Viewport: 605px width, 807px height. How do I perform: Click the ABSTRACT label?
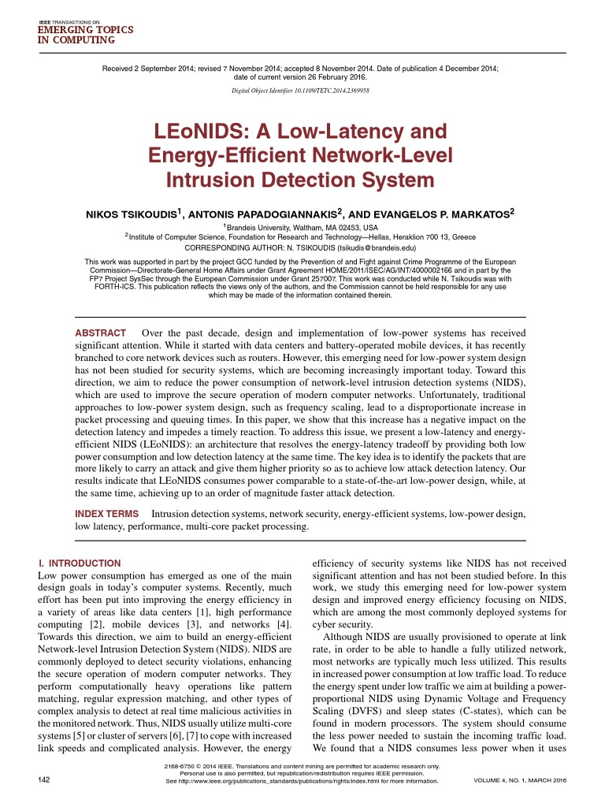(x=100, y=333)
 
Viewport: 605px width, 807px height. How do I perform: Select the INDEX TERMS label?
(x=106, y=514)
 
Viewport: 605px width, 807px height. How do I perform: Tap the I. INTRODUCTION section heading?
(x=80, y=563)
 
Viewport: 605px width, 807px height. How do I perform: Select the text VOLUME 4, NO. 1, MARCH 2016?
(x=520, y=780)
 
